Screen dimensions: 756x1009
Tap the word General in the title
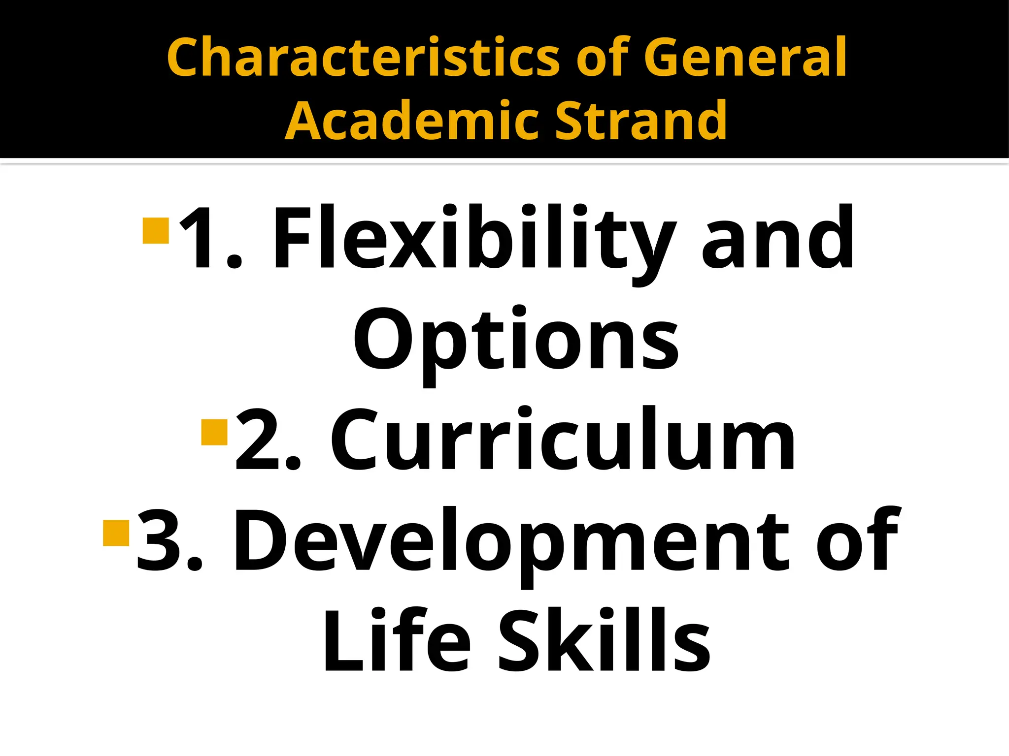[745, 58]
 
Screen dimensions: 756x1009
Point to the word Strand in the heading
[640, 121]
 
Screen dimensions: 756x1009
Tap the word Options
[516, 341]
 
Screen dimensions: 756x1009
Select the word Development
[512, 541]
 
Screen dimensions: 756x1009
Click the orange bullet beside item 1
[156, 230]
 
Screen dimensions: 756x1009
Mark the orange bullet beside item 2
[215, 432]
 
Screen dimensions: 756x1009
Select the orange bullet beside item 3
[116, 533]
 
